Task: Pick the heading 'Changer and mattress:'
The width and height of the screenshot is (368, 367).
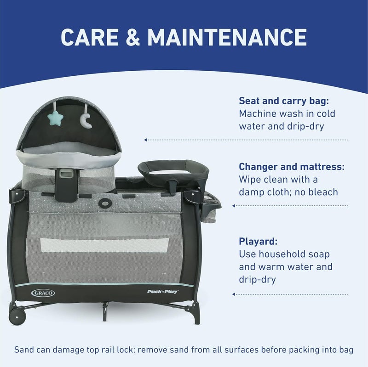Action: click(292, 166)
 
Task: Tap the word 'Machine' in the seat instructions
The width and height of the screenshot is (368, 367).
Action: click(258, 113)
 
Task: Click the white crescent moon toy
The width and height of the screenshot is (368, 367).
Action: click(86, 121)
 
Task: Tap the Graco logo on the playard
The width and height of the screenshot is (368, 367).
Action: click(43, 293)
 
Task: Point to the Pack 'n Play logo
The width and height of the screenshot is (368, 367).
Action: click(163, 291)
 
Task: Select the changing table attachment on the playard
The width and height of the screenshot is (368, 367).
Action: click(174, 169)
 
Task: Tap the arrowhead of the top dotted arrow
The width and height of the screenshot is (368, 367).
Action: click(145, 140)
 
